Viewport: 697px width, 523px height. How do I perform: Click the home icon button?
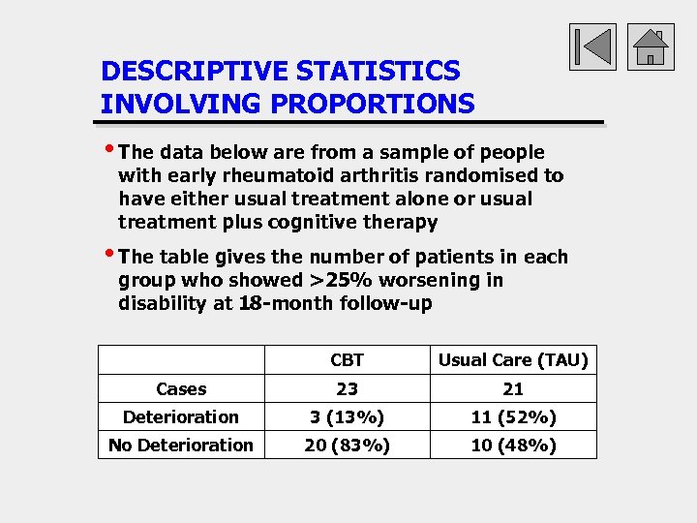click(651, 46)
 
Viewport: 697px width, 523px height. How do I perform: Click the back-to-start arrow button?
click(592, 46)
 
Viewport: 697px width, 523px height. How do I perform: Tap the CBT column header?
click(347, 360)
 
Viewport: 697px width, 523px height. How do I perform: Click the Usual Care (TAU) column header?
click(513, 360)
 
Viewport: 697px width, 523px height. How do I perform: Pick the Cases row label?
click(181, 389)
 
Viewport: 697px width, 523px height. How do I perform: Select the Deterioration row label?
click(181, 417)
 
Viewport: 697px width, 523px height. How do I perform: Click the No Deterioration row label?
click(181, 446)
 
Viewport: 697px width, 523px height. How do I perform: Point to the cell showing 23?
click(347, 389)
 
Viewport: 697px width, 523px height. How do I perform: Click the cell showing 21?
click(513, 389)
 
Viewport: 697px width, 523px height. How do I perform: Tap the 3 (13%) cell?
click(347, 417)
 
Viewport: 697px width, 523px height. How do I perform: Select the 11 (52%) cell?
click(513, 417)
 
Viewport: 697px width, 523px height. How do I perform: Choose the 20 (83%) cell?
click(347, 446)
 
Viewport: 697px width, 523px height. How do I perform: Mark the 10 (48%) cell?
click(513, 446)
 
